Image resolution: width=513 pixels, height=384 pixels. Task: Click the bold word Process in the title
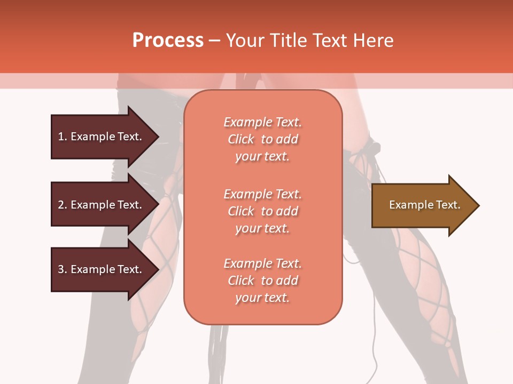(x=168, y=41)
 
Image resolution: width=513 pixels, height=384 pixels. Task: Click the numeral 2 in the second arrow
(x=61, y=205)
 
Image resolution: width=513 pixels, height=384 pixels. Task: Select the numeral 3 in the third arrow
(x=61, y=269)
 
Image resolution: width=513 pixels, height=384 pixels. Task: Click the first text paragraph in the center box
(x=262, y=139)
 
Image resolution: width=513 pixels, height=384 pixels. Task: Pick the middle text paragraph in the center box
(x=262, y=211)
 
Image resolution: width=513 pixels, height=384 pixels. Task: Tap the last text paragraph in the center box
(x=262, y=281)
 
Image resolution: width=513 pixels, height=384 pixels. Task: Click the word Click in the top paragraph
(x=241, y=139)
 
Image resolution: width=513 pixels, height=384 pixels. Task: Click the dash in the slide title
(x=214, y=41)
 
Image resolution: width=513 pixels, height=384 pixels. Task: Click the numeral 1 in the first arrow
(x=61, y=137)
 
